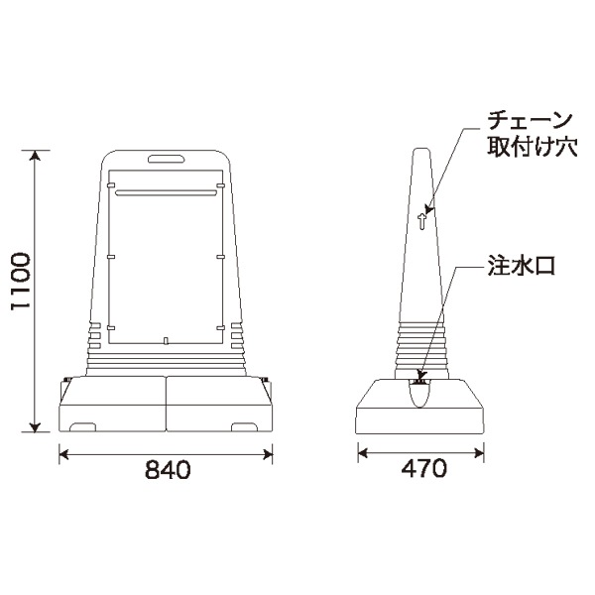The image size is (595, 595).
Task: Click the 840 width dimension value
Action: tap(167, 470)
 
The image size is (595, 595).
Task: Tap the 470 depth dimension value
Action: tap(421, 470)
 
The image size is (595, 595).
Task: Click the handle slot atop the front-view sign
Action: tap(166, 158)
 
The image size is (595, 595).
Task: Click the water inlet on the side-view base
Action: tap(420, 381)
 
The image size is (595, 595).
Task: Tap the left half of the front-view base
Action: tap(112, 406)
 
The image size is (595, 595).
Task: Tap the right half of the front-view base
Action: tap(221, 406)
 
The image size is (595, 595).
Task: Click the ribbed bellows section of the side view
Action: tap(421, 346)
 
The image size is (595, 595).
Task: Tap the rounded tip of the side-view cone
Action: tap(421, 151)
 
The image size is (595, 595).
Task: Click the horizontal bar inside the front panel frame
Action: tap(166, 184)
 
